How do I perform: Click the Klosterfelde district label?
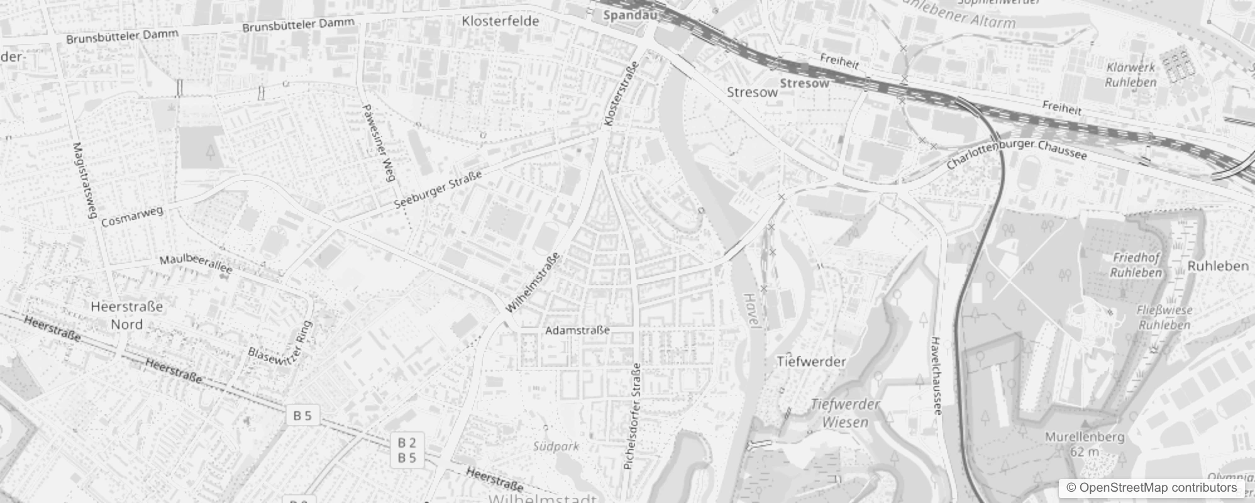(x=500, y=21)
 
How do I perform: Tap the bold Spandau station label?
(x=625, y=14)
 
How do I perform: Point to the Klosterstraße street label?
(x=621, y=93)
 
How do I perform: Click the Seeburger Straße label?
(x=438, y=189)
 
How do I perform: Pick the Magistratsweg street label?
(x=83, y=180)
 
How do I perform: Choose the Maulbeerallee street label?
(x=196, y=264)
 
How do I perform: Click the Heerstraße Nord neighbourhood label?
(x=127, y=316)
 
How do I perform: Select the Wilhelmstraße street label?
(x=533, y=283)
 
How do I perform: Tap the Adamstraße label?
(x=577, y=330)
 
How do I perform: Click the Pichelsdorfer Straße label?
(x=632, y=416)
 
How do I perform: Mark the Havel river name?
(x=752, y=309)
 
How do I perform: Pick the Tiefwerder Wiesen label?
(x=845, y=413)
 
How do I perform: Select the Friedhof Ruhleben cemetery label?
(x=1136, y=265)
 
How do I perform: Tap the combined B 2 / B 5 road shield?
(x=407, y=450)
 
